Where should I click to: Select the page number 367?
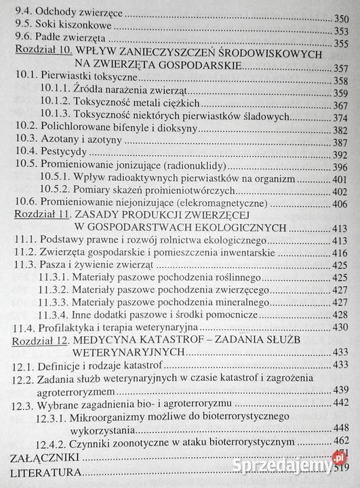[x=346, y=105]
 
